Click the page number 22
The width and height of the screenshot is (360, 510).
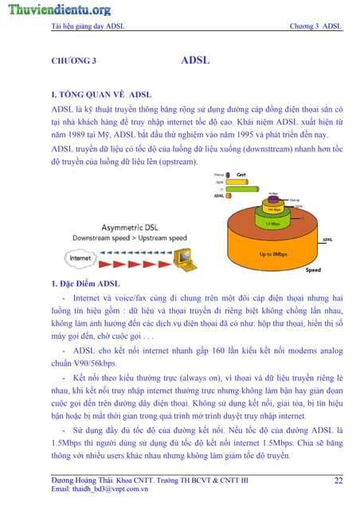(x=338, y=481)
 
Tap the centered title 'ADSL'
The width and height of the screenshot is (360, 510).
(x=195, y=60)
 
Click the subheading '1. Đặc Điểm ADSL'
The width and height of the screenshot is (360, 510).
(x=85, y=284)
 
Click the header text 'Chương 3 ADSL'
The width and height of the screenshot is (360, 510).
(x=317, y=26)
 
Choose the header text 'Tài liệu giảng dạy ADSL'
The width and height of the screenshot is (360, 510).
(x=88, y=26)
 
